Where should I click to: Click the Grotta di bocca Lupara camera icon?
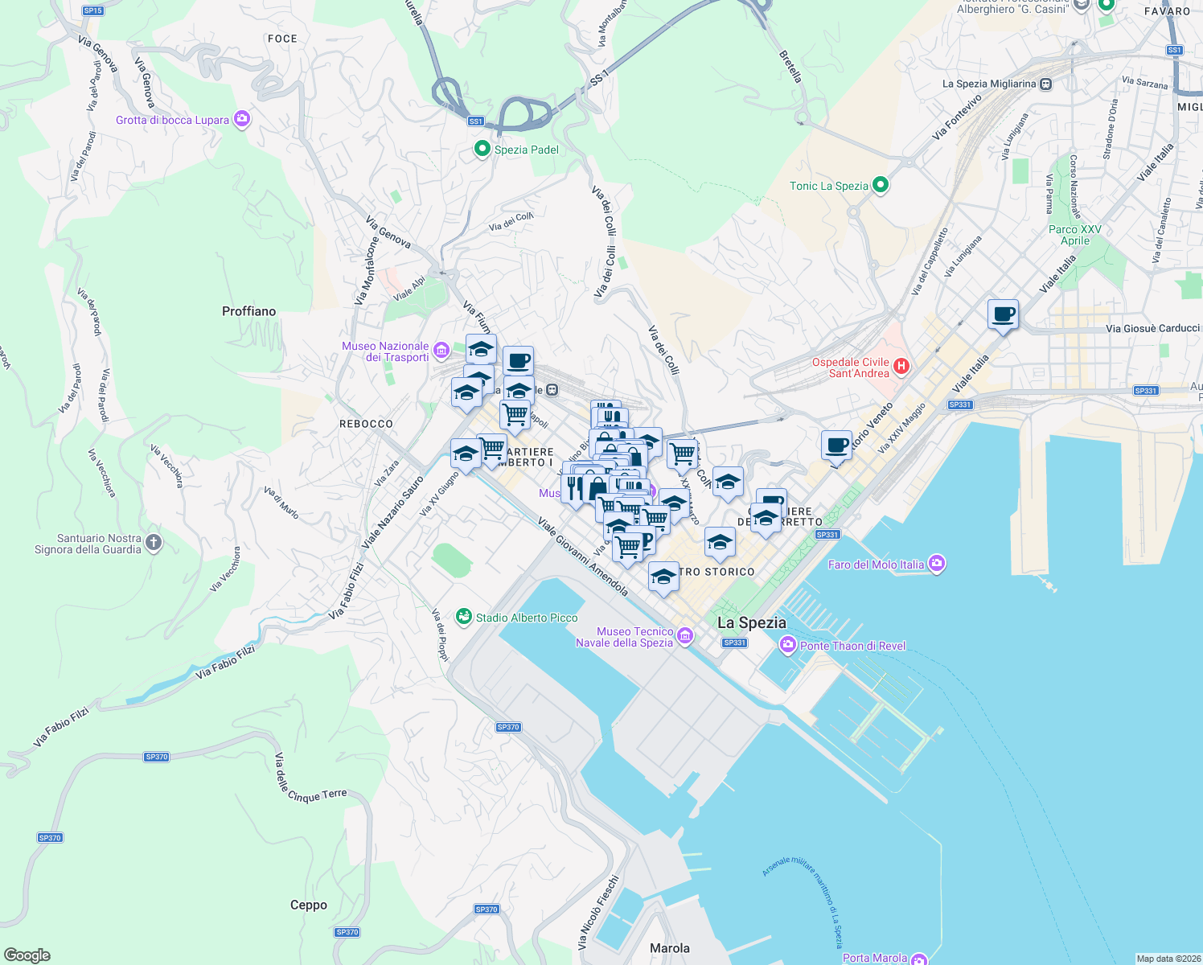point(242,120)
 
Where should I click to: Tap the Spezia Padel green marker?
point(482,149)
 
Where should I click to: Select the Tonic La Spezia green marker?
point(881,185)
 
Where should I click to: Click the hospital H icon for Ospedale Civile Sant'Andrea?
point(901,367)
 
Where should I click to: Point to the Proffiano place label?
point(248,311)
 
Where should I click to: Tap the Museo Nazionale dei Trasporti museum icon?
point(441,351)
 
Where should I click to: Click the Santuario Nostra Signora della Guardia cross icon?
point(154,543)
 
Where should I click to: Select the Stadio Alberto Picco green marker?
point(463,617)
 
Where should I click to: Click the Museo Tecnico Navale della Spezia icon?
point(685,636)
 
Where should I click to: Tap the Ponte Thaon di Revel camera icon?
point(787,645)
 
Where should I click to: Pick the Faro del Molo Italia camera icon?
point(936,564)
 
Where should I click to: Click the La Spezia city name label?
point(751,622)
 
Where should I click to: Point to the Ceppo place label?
point(309,905)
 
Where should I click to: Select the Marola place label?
point(670,948)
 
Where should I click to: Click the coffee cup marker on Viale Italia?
point(1003,314)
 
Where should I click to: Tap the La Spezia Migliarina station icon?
point(1045,84)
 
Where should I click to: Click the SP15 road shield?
point(93,10)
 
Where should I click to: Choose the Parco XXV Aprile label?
point(1075,235)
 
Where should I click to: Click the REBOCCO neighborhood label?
point(366,424)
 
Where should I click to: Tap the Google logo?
point(27,955)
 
